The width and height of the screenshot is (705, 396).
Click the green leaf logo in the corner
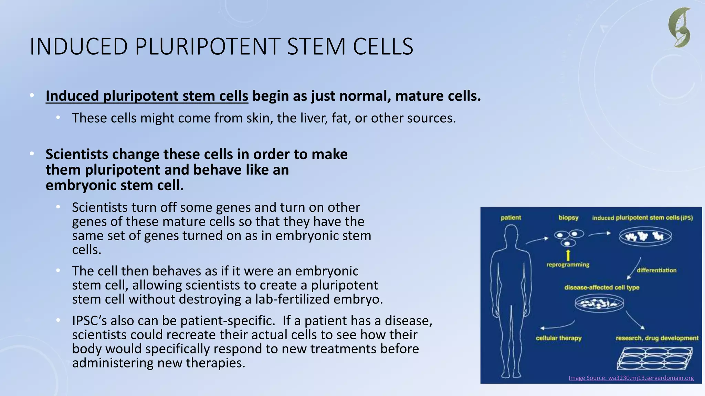[x=679, y=27]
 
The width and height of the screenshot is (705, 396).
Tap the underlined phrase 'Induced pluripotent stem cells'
[x=147, y=96]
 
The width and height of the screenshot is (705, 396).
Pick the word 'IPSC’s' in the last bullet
[x=91, y=320]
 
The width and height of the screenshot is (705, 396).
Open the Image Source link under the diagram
[x=631, y=378]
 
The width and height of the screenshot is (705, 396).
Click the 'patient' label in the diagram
[x=511, y=218]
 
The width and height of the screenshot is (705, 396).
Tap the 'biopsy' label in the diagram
[x=568, y=218]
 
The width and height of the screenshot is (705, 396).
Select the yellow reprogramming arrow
[x=568, y=255]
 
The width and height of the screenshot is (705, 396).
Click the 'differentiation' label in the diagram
[x=656, y=270]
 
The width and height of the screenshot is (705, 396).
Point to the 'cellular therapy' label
[x=558, y=338]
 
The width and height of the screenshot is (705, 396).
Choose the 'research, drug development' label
[x=657, y=338]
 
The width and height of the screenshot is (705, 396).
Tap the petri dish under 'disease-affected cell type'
[x=599, y=303]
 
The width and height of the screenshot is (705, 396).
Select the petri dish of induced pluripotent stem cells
[x=645, y=236]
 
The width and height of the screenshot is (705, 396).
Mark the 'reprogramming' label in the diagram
[x=568, y=265]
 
